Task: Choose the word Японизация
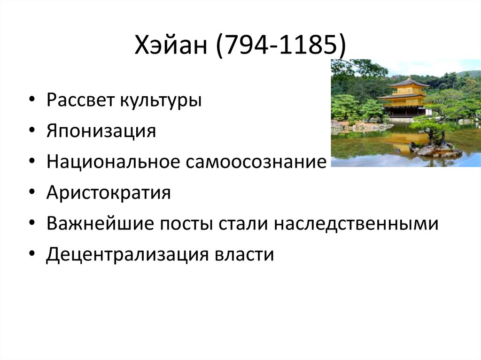pyautogui.click(x=101, y=131)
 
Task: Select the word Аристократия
pyautogui.click(x=108, y=193)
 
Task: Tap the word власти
pyautogui.click(x=244, y=255)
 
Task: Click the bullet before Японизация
pyautogui.click(x=31, y=131)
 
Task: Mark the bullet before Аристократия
pyautogui.click(x=31, y=193)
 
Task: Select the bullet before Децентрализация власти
pyautogui.click(x=31, y=255)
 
